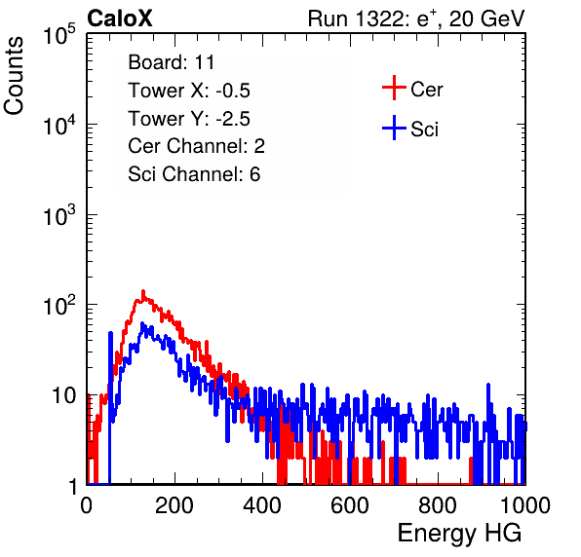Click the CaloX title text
pos(120,18)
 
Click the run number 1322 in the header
pos(379,19)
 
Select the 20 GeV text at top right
pos(486,19)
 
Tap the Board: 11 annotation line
pos(172,62)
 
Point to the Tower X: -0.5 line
pos(189,91)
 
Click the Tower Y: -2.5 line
pos(189,119)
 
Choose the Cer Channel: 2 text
pos(196,146)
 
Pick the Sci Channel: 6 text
pos(194,174)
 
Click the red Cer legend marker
pos(394,88)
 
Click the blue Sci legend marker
pos(394,128)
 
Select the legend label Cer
pos(426,90)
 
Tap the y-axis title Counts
pos(14,76)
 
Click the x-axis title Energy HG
pos(459,534)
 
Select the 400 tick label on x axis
pos(262,505)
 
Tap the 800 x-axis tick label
pos(438,505)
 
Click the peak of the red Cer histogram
pos(143,291)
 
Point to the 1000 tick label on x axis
pos(525,505)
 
